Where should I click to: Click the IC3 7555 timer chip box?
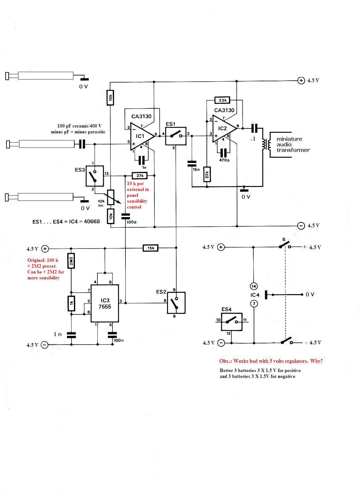pyautogui.click(x=105, y=303)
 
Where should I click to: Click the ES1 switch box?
pyautogui.click(x=176, y=136)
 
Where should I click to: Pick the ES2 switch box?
pyautogui.click(x=176, y=303)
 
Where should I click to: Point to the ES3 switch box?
pyautogui.click(x=95, y=176)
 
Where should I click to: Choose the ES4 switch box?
pyautogui.click(x=231, y=322)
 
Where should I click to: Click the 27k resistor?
pyautogui.click(x=140, y=176)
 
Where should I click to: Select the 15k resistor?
pyautogui.click(x=150, y=248)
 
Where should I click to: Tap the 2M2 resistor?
pyautogui.click(x=71, y=261)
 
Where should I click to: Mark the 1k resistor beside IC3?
pyautogui.click(x=71, y=303)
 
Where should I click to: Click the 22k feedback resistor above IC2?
pyautogui.click(x=222, y=100)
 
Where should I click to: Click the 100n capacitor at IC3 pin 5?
pyautogui.click(x=112, y=335)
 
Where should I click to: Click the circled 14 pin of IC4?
pyautogui.click(x=254, y=286)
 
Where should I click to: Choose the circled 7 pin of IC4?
pyautogui.click(x=254, y=304)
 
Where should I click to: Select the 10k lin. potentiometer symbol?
pyautogui.click(x=111, y=197)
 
